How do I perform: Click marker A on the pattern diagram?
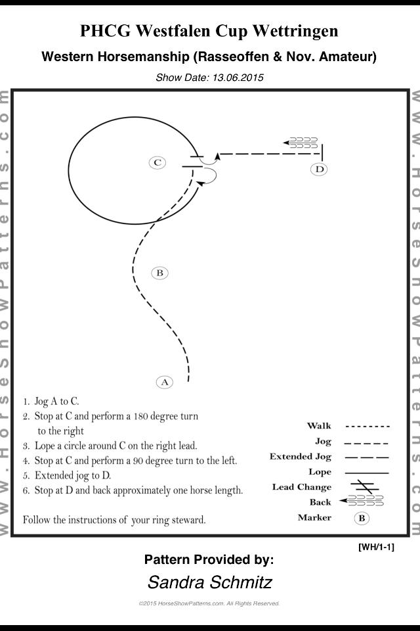click(164, 382)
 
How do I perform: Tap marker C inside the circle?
click(157, 162)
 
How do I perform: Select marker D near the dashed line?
click(320, 169)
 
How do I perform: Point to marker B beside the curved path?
click(159, 273)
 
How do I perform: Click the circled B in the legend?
click(362, 518)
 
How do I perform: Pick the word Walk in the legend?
click(319, 426)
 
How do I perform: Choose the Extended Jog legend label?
click(301, 457)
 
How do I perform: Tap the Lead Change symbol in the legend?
click(364, 486)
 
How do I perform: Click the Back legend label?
click(320, 502)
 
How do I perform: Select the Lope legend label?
click(320, 472)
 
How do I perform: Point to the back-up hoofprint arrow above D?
click(300, 143)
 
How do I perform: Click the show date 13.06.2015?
click(238, 78)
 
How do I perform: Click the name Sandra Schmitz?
click(210, 582)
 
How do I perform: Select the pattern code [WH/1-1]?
click(376, 547)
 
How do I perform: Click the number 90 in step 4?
click(138, 460)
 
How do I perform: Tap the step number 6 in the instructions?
click(26, 490)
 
